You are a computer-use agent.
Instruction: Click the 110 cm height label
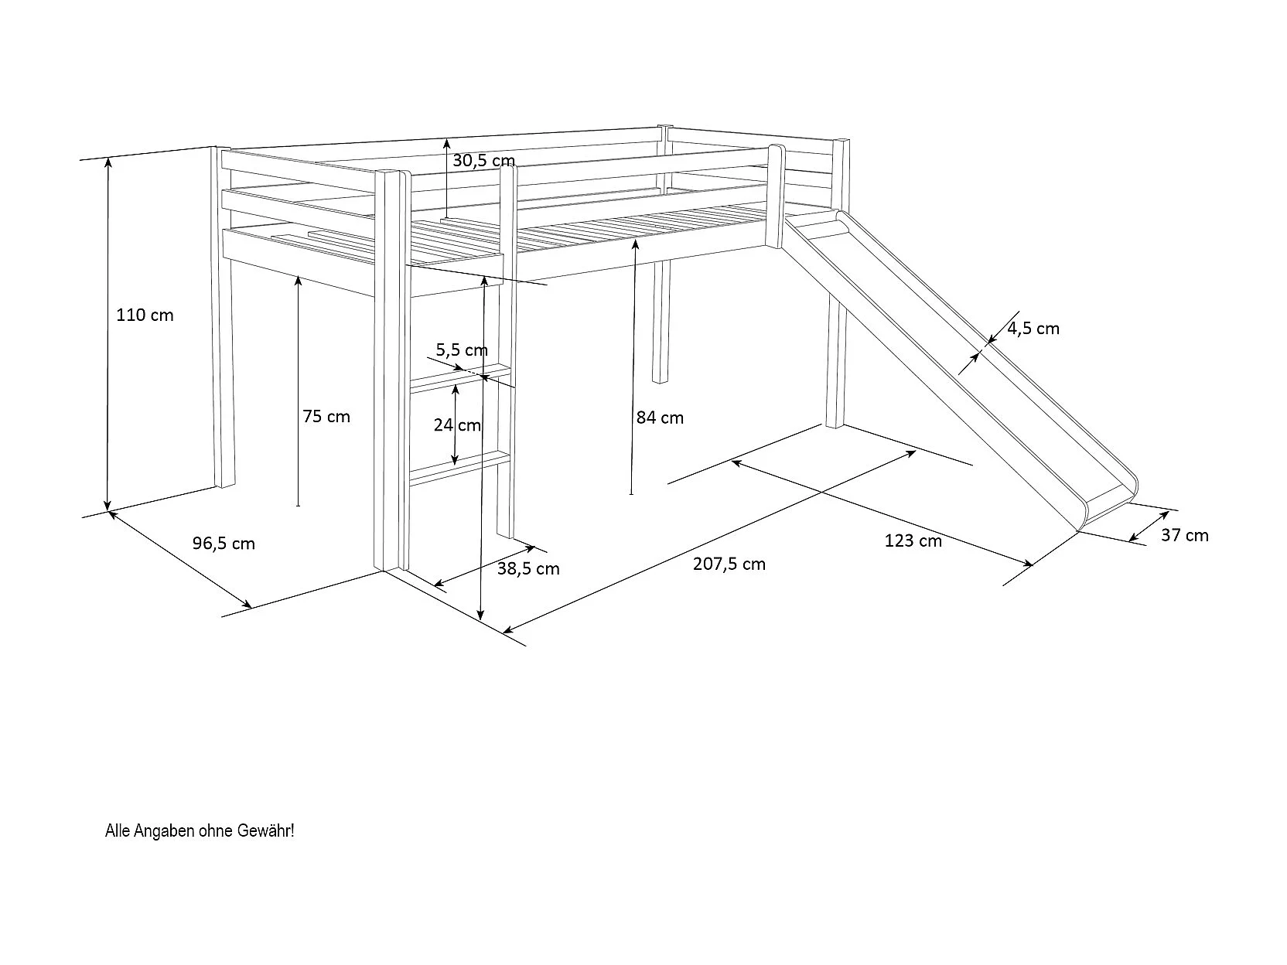tap(145, 315)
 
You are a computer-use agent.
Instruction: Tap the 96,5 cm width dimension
tap(224, 544)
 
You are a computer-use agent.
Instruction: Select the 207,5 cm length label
tap(729, 564)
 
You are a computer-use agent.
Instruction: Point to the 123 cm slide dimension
tap(913, 541)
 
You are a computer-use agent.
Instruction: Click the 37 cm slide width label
tap(1184, 535)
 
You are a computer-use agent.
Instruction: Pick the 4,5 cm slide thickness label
tap(1033, 329)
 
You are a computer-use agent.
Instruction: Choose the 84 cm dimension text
tap(660, 418)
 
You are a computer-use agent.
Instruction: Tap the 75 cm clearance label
tap(326, 417)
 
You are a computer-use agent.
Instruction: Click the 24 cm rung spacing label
tap(457, 425)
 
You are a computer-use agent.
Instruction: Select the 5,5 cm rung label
tap(462, 350)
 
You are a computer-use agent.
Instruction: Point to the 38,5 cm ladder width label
tap(528, 569)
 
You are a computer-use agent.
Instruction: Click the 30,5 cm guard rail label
tap(483, 161)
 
